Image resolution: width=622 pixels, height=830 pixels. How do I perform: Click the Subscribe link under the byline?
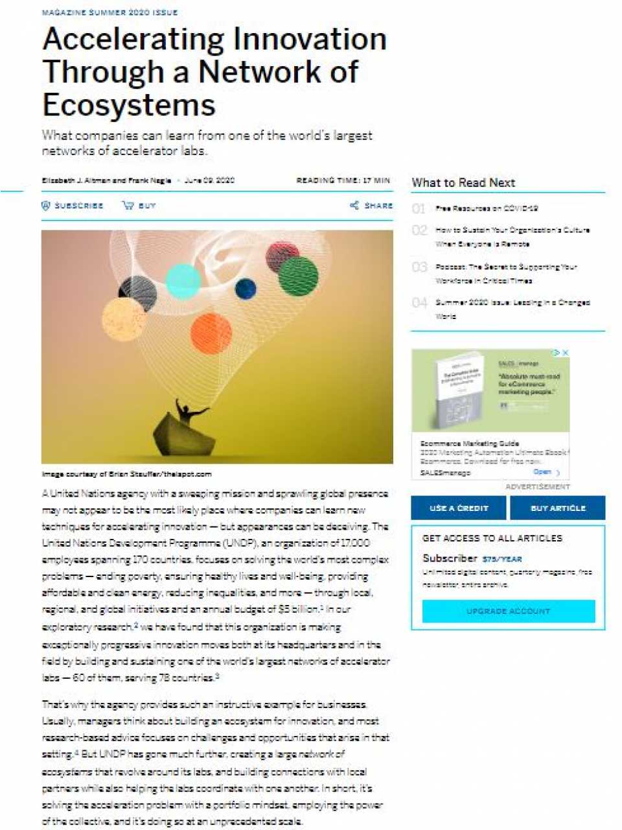point(73,206)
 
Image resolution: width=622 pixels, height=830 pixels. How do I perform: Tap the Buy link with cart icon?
point(139,206)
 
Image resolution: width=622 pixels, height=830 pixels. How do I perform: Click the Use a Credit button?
point(459,508)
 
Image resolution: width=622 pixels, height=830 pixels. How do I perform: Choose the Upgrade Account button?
point(508,611)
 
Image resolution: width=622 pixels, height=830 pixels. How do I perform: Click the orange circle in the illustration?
point(211,333)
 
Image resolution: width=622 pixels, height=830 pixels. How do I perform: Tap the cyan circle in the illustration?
point(183,281)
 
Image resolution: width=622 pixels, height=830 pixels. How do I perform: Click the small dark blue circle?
point(246,289)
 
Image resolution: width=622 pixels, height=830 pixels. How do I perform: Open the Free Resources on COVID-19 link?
point(487,208)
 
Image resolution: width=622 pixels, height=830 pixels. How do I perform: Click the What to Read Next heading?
point(463,182)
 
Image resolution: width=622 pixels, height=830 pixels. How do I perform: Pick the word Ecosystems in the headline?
point(129,105)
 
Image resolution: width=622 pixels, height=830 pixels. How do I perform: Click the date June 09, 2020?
point(209,180)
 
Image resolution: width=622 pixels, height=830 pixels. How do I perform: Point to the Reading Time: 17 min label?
point(343,180)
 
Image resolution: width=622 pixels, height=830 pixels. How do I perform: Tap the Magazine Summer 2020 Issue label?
point(109,12)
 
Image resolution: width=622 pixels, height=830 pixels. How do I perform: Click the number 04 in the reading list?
point(419,303)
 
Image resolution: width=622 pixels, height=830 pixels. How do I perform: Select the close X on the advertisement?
point(565,353)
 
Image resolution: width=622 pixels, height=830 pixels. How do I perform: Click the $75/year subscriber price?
point(502,559)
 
